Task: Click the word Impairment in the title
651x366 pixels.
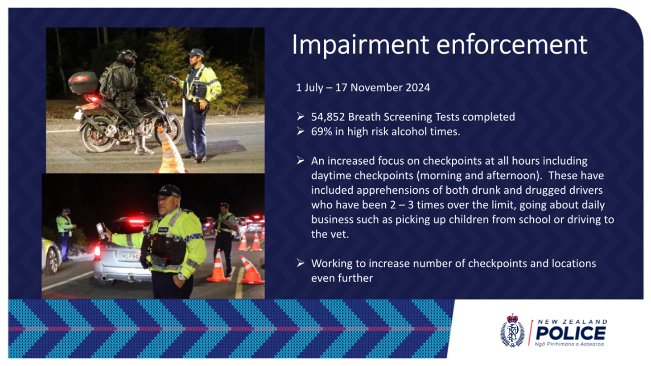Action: tap(360, 45)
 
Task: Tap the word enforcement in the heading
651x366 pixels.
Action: tap(512, 45)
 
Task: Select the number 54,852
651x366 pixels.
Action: tap(328, 117)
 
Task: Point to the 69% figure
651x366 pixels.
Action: tap(321, 132)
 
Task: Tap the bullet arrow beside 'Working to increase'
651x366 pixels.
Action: tap(301, 263)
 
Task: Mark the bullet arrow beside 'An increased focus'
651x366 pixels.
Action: tap(301, 160)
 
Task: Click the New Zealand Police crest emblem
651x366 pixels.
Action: tap(512, 330)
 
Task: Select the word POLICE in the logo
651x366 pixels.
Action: tap(571, 333)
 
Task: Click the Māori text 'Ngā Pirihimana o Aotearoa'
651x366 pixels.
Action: tap(569, 344)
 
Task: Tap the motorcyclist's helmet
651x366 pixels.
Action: tap(127, 57)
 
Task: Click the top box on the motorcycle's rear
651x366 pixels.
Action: tap(83, 82)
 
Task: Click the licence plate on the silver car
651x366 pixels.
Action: tap(132, 256)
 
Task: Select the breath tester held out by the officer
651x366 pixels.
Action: tap(101, 230)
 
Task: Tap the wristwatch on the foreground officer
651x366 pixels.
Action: tap(181, 277)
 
